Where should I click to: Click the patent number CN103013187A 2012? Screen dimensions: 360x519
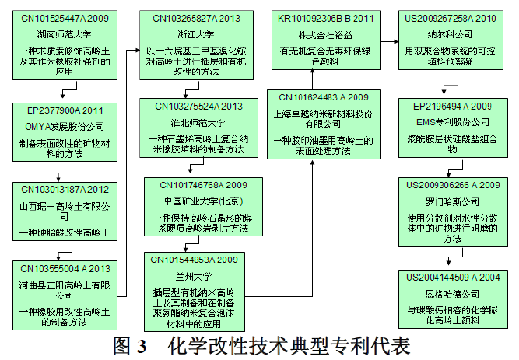coord(64,190)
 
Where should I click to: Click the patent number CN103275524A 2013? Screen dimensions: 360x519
coord(199,107)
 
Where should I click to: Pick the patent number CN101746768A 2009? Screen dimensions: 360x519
coord(199,185)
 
